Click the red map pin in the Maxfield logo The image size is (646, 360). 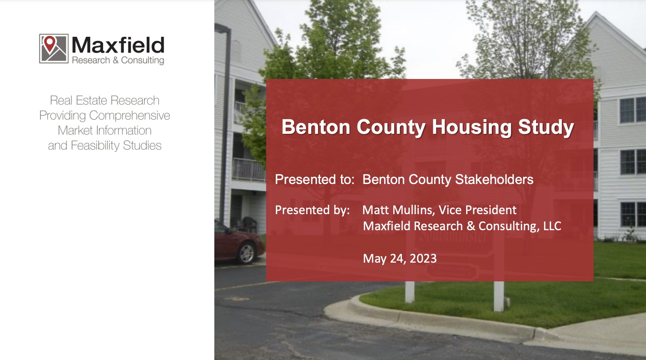pyautogui.click(x=50, y=44)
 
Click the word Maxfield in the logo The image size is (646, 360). pyautogui.click(x=118, y=45)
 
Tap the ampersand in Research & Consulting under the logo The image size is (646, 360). pyautogui.click(x=115, y=61)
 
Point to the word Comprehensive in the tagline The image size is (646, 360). pyautogui.click(x=129, y=115)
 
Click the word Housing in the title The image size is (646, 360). pyautogui.click(x=472, y=127)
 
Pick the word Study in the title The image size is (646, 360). pyautogui.click(x=546, y=127)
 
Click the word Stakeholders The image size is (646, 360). pyautogui.click(x=494, y=179)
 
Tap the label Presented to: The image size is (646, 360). pyautogui.click(x=315, y=180)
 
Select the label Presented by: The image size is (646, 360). pyautogui.click(x=312, y=210)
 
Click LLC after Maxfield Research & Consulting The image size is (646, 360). pyautogui.click(x=552, y=226)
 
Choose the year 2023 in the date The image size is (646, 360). pyautogui.click(x=423, y=259)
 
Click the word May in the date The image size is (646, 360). pyautogui.click(x=375, y=259)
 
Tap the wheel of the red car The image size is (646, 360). pyautogui.click(x=247, y=253)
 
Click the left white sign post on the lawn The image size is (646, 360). pyautogui.click(x=410, y=292)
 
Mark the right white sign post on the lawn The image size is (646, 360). pyautogui.click(x=499, y=296)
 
